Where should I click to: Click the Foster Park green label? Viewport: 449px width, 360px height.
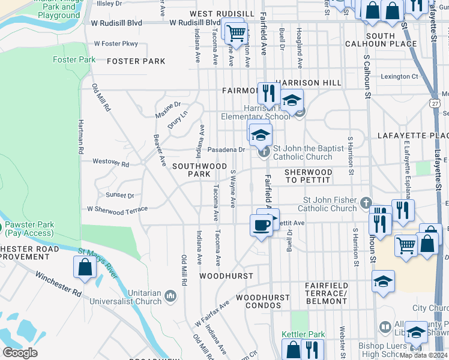click(74, 60)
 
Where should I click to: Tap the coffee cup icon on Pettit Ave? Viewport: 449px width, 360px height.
click(261, 225)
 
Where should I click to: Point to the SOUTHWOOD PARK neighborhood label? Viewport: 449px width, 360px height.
click(191, 169)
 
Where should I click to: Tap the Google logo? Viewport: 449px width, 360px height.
click(20, 353)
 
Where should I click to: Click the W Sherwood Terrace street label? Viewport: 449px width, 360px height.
click(117, 211)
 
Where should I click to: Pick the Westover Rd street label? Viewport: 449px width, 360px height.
click(110, 163)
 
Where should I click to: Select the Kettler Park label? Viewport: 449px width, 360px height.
click(303, 334)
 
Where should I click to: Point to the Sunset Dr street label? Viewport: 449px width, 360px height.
click(120, 196)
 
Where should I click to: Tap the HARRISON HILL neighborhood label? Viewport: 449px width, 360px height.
click(308, 83)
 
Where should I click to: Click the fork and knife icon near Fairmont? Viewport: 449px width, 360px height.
click(268, 93)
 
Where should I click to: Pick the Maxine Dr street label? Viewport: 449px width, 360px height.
click(167, 109)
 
